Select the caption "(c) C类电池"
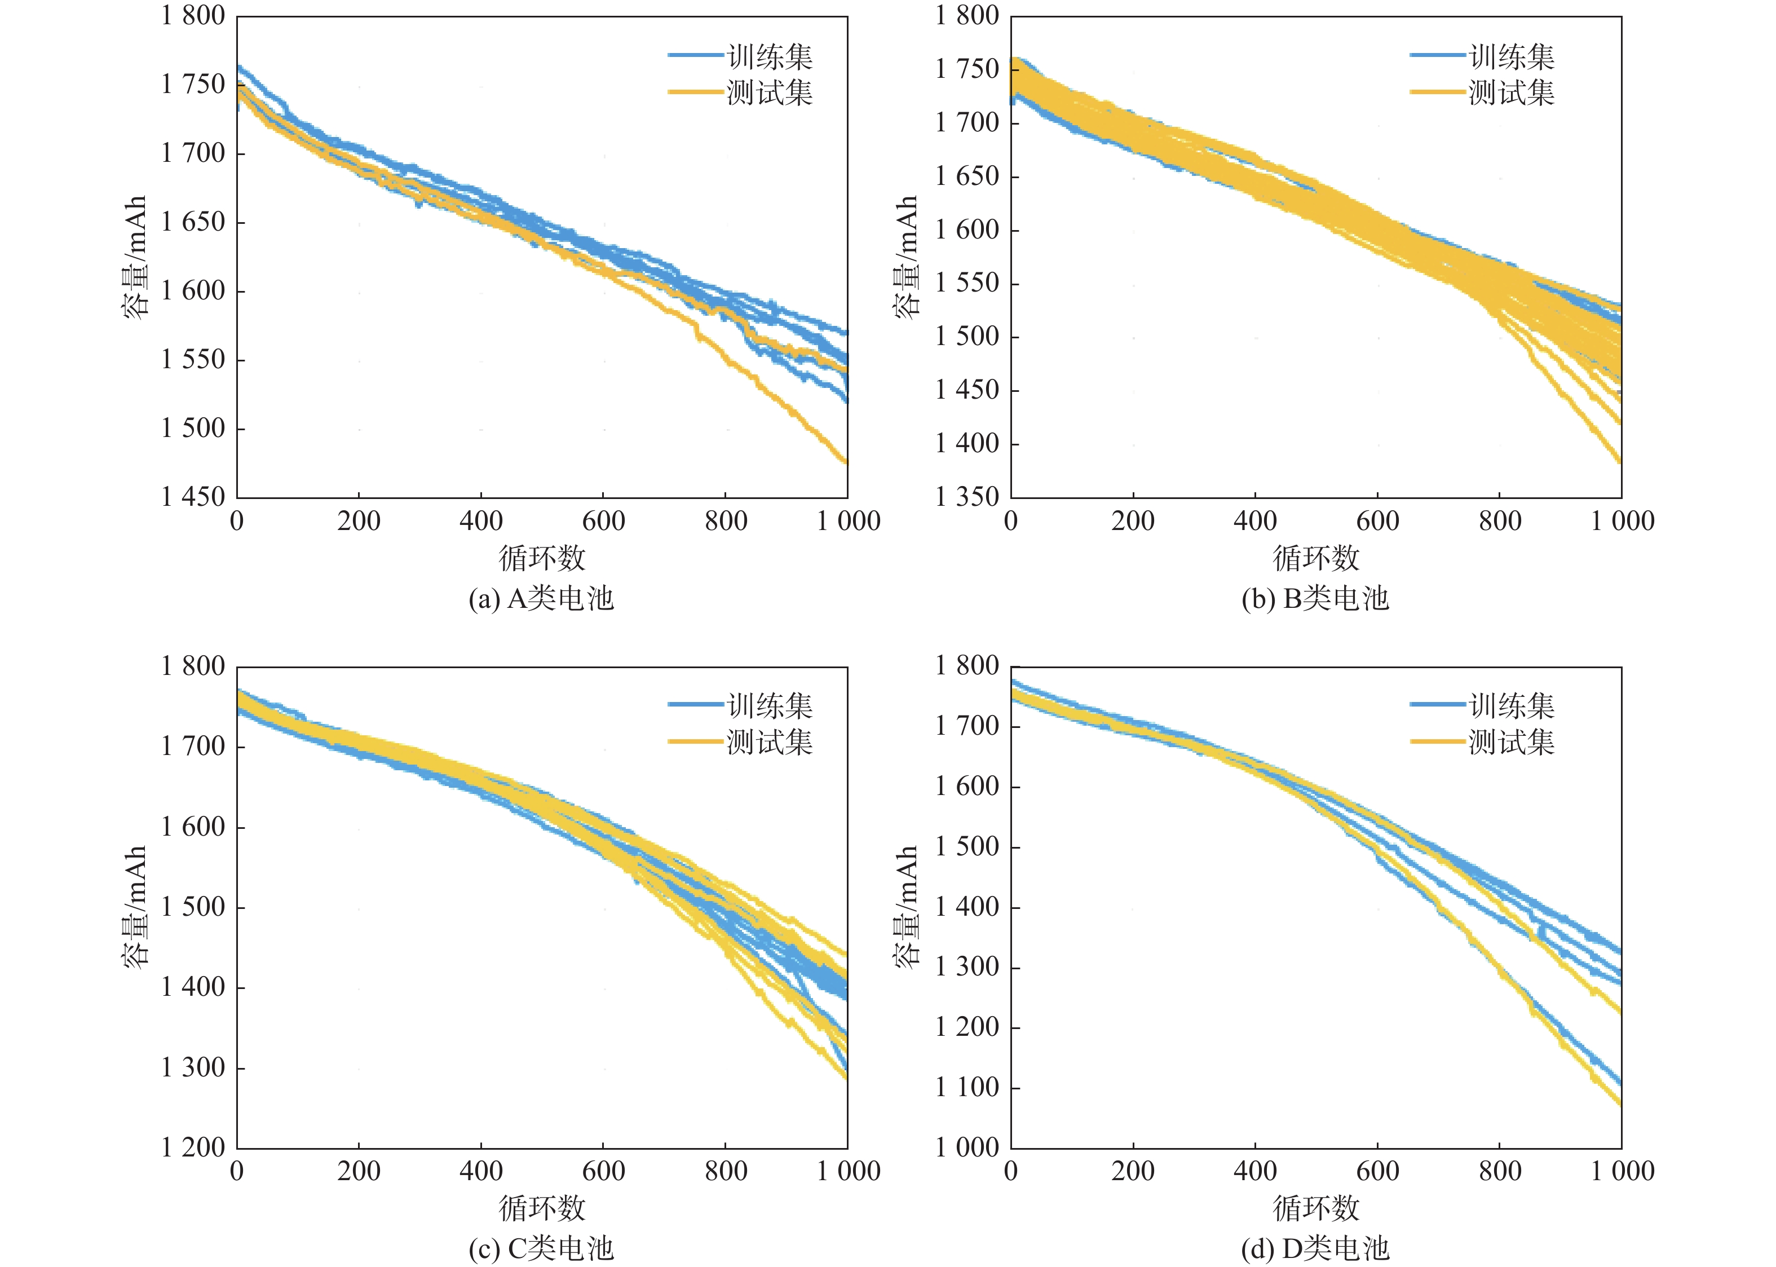point(541,1249)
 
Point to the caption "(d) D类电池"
point(1315,1249)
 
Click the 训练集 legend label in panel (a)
point(770,57)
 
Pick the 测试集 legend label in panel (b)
point(1512,93)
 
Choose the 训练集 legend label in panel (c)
point(770,706)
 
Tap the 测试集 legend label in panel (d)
point(1512,742)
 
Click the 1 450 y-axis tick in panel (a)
point(193,497)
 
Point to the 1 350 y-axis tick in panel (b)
point(967,497)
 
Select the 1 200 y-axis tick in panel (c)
point(193,1147)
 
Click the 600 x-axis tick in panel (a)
point(603,521)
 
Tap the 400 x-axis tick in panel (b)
point(1255,521)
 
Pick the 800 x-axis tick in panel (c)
point(726,1171)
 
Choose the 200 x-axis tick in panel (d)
point(1133,1171)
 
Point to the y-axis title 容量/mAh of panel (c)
point(135,907)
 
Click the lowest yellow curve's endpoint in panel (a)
point(846,462)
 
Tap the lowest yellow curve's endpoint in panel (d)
point(1619,1103)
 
